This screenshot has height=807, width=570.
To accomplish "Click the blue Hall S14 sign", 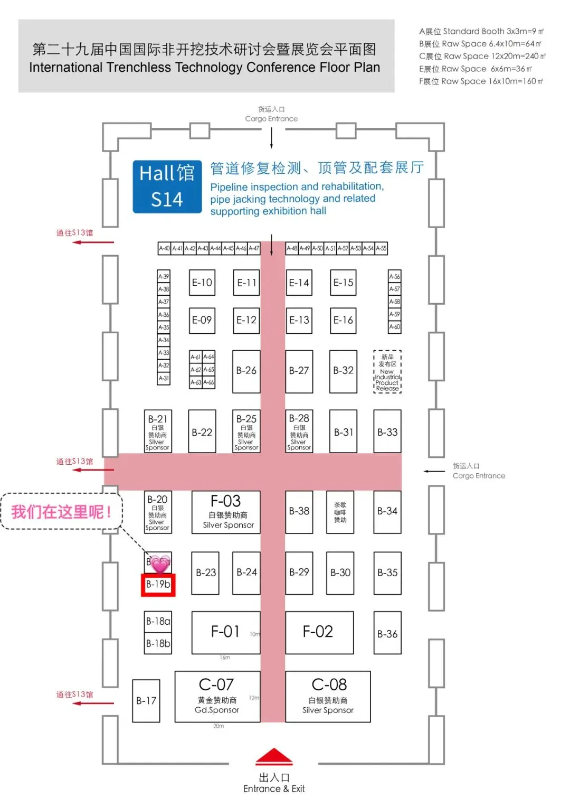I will pyautogui.click(x=167, y=186).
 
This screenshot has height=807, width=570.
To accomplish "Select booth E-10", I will pyautogui.click(x=202, y=283).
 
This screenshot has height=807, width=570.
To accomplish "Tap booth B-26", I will pyautogui.click(x=246, y=371).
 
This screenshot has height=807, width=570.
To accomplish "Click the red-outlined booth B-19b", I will pyautogui.click(x=158, y=585).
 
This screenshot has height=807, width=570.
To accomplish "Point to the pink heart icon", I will pyautogui.click(x=160, y=564).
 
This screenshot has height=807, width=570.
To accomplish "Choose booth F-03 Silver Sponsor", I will pyautogui.click(x=226, y=511).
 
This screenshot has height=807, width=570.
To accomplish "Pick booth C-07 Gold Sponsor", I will pyautogui.click(x=217, y=696).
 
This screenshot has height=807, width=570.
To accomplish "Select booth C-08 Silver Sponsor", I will pyautogui.click(x=328, y=696).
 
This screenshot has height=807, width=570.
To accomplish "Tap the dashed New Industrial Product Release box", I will pyautogui.click(x=387, y=372).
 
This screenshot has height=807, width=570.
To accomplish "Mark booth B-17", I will pyautogui.click(x=146, y=701).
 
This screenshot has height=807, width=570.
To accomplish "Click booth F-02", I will pyautogui.click(x=319, y=632).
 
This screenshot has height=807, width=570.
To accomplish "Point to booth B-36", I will pyautogui.click(x=387, y=633).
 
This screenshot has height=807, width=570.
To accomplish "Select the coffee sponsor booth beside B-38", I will pyautogui.click(x=340, y=512).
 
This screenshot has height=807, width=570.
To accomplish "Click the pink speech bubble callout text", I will pyautogui.click(x=62, y=511).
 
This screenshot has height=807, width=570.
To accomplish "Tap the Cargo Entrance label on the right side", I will pyautogui.click(x=478, y=471).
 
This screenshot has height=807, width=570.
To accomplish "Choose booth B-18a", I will pyautogui.click(x=158, y=622).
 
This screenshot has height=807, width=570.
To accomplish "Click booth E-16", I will pyautogui.click(x=343, y=320).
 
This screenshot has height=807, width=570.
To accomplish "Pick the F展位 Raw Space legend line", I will pyautogui.click(x=481, y=81).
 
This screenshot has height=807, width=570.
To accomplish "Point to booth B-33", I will pyautogui.click(x=387, y=432).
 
